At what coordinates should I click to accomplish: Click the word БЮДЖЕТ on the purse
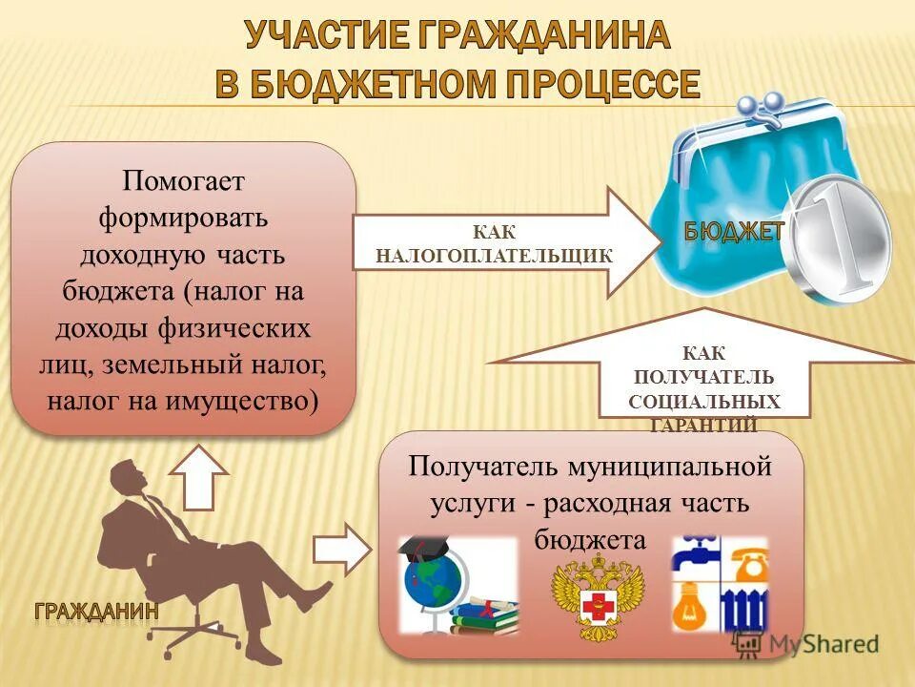click(x=734, y=230)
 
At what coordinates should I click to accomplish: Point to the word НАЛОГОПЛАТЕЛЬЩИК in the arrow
click(x=494, y=255)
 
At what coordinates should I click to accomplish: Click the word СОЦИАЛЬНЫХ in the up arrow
click(x=704, y=402)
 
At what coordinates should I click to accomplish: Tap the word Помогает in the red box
click(x=183, y=180)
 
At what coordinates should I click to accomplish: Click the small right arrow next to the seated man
click(x=341, y=549)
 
